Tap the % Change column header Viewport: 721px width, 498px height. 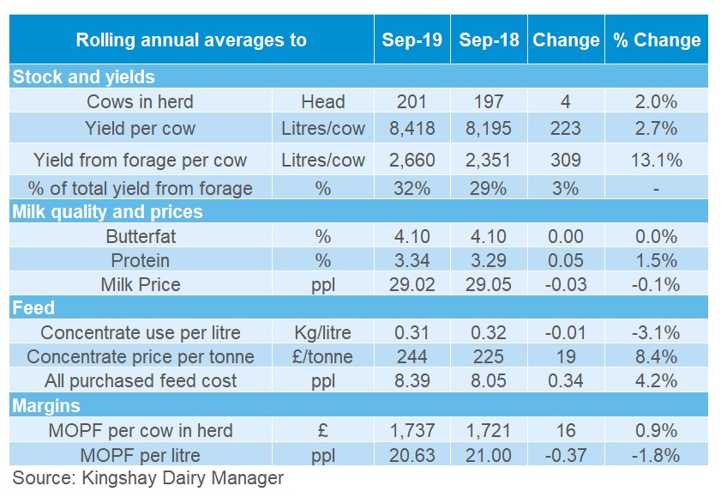(x=657, y=40)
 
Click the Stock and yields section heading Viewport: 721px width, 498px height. (x=83, y=76)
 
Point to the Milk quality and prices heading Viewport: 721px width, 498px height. (x=107, y=211)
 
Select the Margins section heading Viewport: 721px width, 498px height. (x=46, y=405)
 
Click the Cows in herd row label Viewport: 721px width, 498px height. (x=140, y=102)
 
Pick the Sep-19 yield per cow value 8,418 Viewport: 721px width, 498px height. (x=412, y=129)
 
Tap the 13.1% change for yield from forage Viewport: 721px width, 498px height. (x=657, y=160)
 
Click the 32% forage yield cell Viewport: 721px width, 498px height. (x=412, y=188)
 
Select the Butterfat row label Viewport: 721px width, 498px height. (x=140, y=236)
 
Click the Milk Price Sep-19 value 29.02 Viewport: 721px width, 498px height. (x=412, y=284)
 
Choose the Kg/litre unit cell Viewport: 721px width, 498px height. (x=323, y=332)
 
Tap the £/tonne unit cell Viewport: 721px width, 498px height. (x=323, y=356)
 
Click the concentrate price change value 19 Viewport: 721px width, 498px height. (x=566, y=356)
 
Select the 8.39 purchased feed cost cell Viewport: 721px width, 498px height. (x=412, y=380)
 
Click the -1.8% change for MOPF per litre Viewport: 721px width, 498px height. (x=657, y=453)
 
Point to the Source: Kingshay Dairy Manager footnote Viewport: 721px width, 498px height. (x=147, y=477)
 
